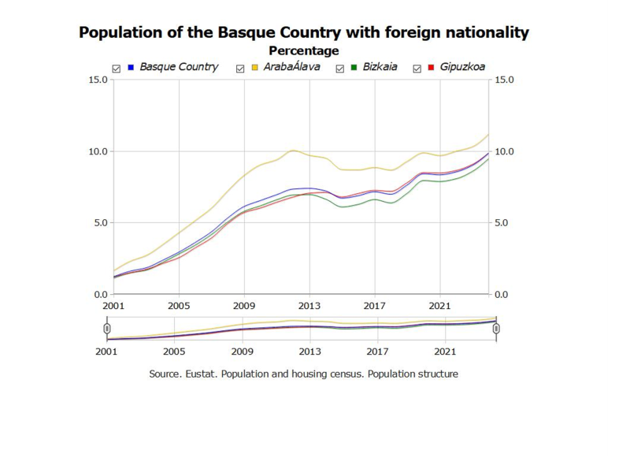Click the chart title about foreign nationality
tap(304, 33)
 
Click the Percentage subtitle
tap(304, 51)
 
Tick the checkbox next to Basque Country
tap(117, 69)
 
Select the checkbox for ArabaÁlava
tap(241, 69)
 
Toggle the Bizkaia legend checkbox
tap(341, 69)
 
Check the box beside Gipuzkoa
tap(417, 69)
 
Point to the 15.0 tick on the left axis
tap(98, 80)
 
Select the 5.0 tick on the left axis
tap(100, 222)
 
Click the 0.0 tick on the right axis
tap(502, 294)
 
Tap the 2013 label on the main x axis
tap(309, 306)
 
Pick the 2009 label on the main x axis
tap(244, 306)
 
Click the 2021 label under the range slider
tap(445, 353)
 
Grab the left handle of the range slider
tap(107, 328)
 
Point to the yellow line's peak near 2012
tap(294, 150)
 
